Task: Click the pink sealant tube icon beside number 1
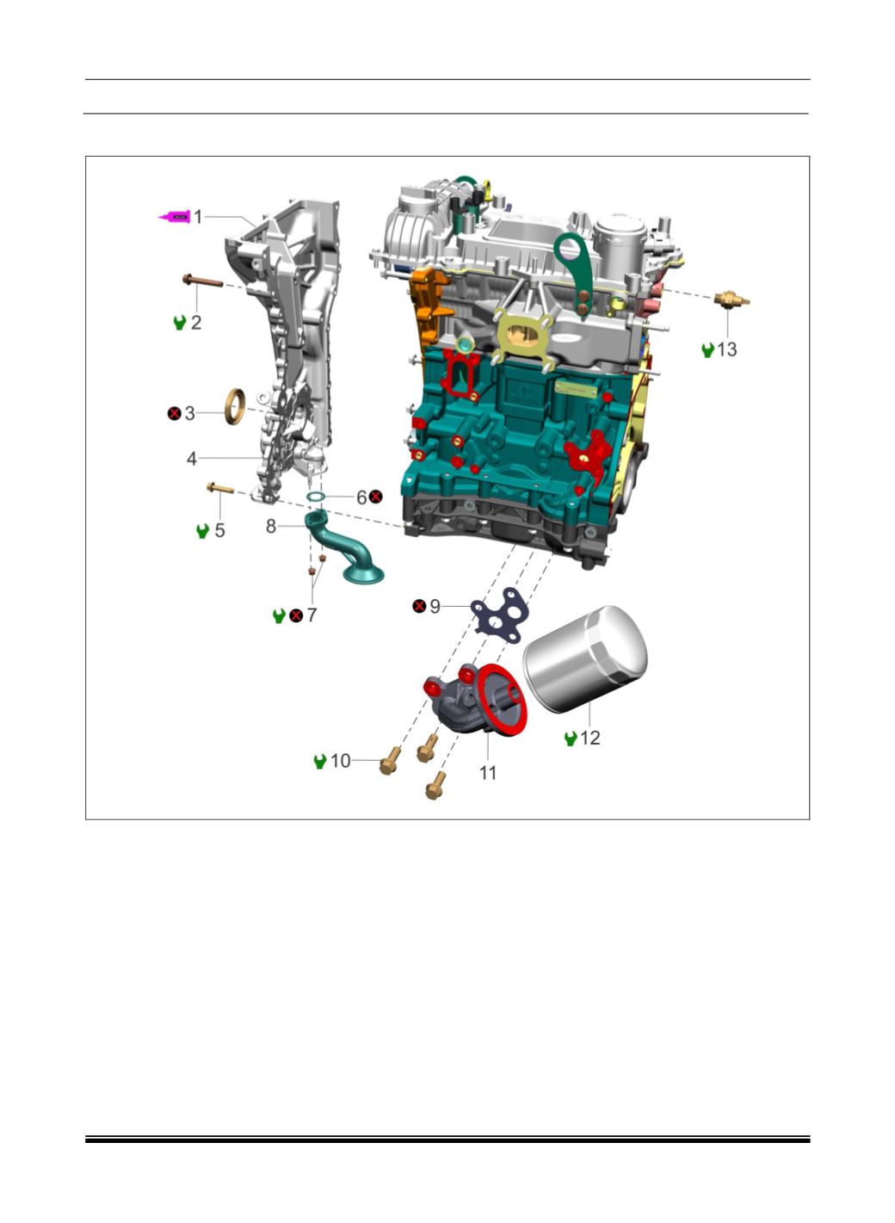pos(175,217)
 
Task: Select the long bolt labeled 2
pos(202,281)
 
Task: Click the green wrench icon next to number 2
pos(180,323)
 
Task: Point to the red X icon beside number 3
pos(174,413)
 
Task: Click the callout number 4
pos(191,459)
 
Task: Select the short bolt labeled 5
pos(220,487)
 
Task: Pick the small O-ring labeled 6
pos(316,497)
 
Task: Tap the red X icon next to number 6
pos(376,497)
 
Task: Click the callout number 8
pos(271,527)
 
